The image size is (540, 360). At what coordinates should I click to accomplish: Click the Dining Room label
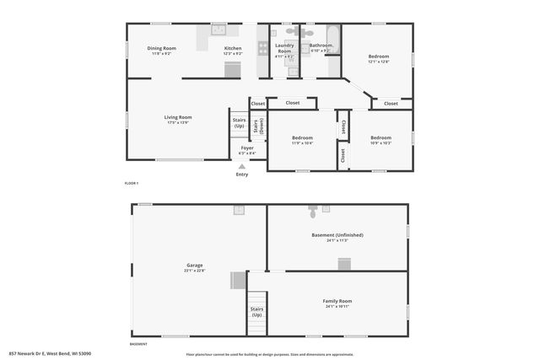coord(161,48)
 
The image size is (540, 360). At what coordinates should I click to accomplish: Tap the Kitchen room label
coord(233,48)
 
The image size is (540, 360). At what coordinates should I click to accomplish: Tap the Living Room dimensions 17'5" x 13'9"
coord(177,123)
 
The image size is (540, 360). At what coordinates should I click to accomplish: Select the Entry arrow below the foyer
coord(242,167)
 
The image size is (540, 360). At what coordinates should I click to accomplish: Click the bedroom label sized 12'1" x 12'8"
coord(378,56)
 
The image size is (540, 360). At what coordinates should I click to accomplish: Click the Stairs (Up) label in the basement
coord(256,312)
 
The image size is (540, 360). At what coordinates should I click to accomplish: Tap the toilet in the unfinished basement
coord(313,208)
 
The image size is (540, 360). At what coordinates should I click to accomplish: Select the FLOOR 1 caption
coord(131,183)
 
